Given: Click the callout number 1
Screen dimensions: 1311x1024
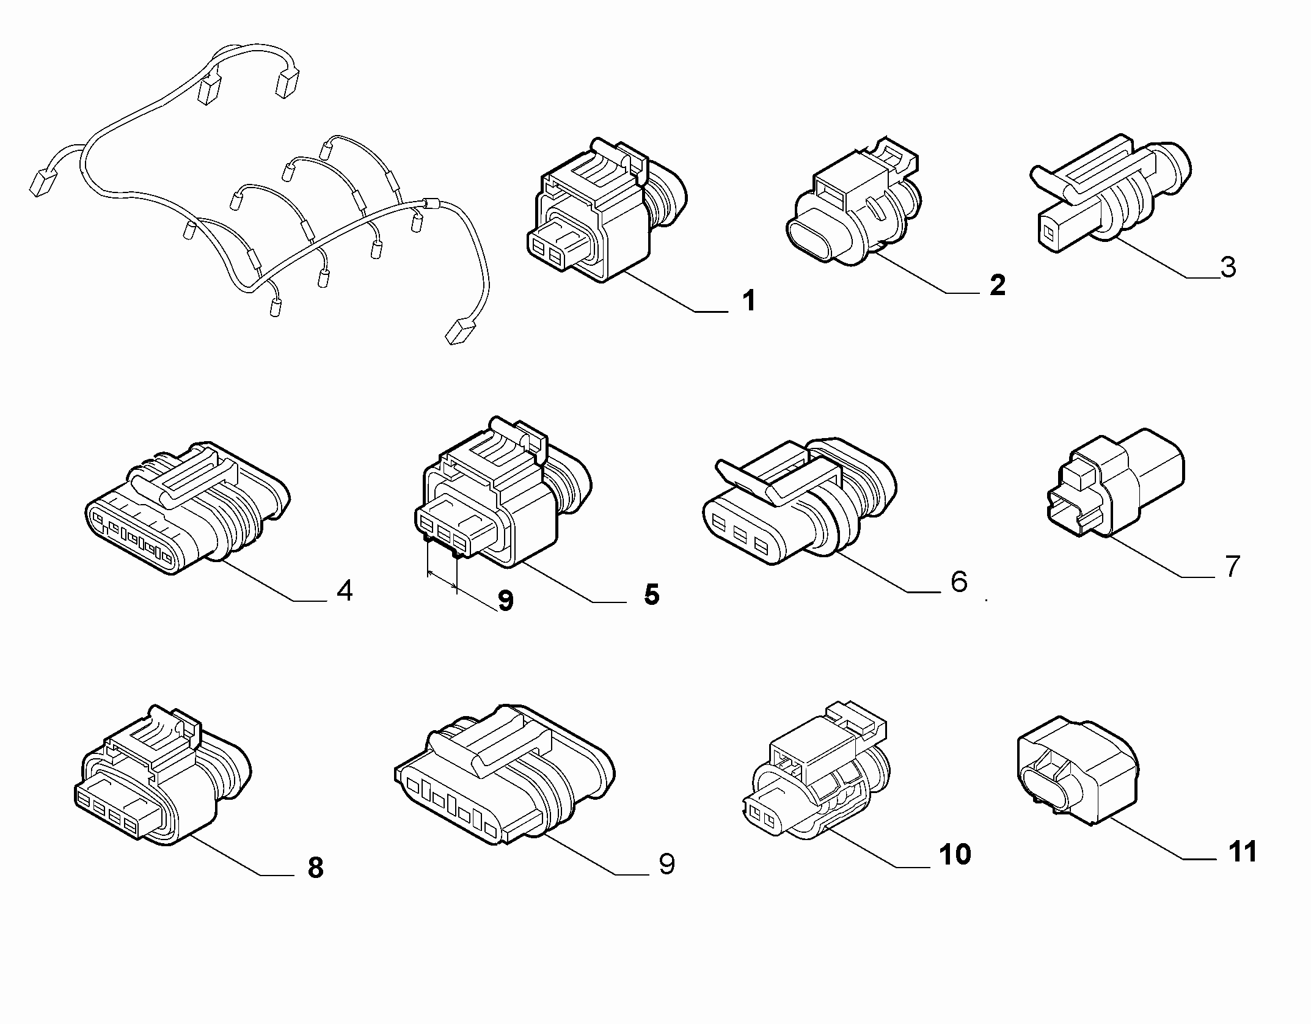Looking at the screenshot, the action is click(749, 301).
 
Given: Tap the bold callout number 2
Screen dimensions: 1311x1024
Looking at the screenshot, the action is click(997, 285).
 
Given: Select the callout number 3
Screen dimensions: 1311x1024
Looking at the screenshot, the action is click(1229, 268).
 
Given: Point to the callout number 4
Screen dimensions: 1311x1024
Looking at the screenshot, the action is click(345, 590).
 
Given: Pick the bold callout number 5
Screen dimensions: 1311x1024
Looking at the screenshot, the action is click(652, 594).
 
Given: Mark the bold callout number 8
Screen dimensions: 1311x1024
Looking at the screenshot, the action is click(315, 868).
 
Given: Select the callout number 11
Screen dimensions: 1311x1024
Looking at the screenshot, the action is click(1243, 851).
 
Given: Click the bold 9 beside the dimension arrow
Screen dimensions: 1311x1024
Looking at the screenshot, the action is click(506, 601).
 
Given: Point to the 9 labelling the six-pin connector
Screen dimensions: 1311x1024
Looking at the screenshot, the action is click(666, 864).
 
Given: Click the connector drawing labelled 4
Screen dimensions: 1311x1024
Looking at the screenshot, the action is click(186, 509).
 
